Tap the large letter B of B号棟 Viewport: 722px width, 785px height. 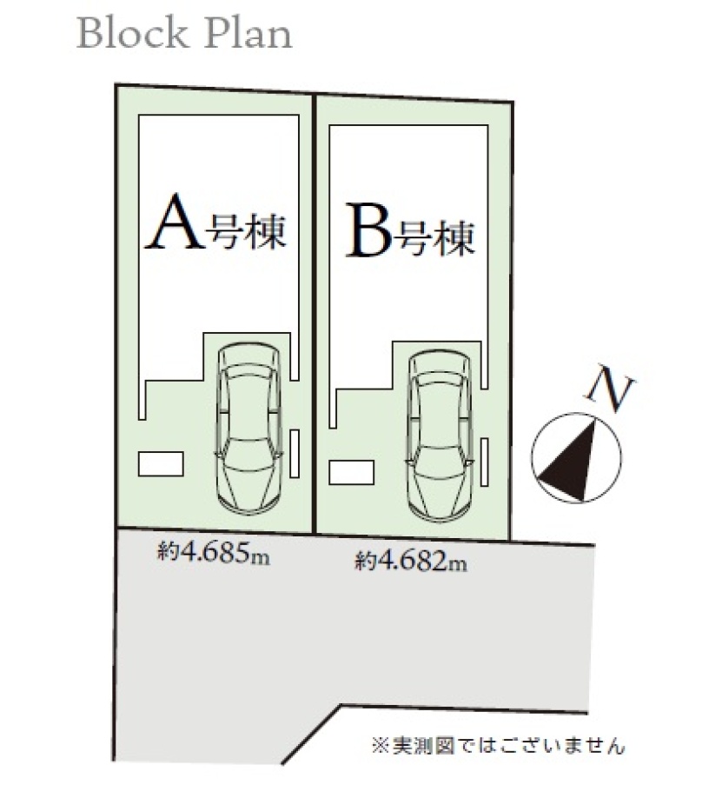[370, 230]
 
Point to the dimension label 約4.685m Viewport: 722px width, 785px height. [214, 552]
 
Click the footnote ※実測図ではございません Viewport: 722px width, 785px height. [498, 744]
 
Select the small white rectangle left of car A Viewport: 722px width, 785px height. [162, 463]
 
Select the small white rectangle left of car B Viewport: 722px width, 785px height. [353, 473]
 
